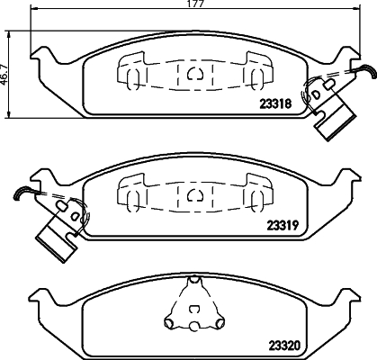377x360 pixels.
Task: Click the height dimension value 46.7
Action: (5, 71)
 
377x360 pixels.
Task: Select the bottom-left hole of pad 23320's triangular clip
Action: (174, 321)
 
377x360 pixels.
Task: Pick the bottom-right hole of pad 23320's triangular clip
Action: (214, 321)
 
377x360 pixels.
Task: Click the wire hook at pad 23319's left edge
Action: (22, 193)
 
